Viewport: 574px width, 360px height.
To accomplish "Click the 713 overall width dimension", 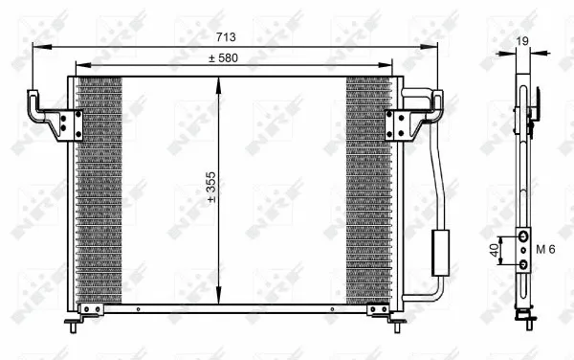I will pos(225,37).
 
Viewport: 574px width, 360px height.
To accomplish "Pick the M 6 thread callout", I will pos(545,249).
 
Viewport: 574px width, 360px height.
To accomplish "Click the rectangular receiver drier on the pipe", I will pos(442,252).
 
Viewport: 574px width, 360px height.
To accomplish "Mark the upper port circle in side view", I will pos(523,236).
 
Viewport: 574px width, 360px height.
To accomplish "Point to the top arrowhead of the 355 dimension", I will pos(220,81).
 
